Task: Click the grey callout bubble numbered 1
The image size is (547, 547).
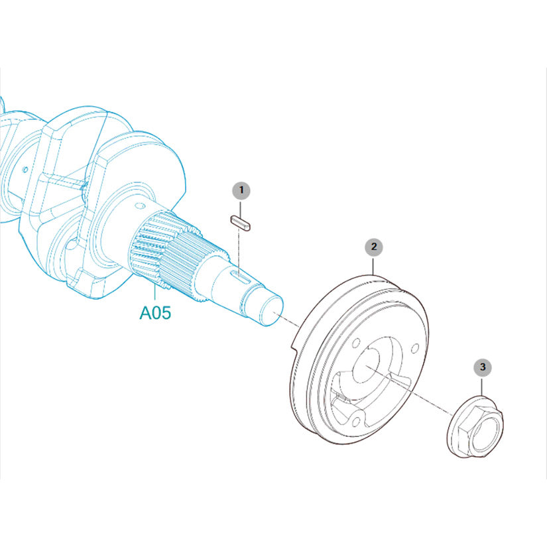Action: coord(241,190)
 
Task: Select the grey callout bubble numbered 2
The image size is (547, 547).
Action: coord(374,247)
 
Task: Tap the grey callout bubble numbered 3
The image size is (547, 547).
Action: coord(483,367)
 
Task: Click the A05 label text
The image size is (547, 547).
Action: coord(155,312)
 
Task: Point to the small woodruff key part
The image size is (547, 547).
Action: coord(241,223)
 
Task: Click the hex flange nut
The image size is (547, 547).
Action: coord(475,426)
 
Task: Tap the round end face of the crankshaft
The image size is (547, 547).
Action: coord(272,310)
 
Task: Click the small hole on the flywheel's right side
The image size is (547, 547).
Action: coord(415,348)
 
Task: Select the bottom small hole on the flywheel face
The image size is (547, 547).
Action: coord(356,422)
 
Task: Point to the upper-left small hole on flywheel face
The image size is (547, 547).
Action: coord(356,343)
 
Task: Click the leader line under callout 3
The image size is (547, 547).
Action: coord(482,386)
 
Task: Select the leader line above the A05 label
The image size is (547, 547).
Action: coord(154,294)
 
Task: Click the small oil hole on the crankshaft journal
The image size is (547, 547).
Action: coord(140,206)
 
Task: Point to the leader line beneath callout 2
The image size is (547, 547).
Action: coord(373,266)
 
